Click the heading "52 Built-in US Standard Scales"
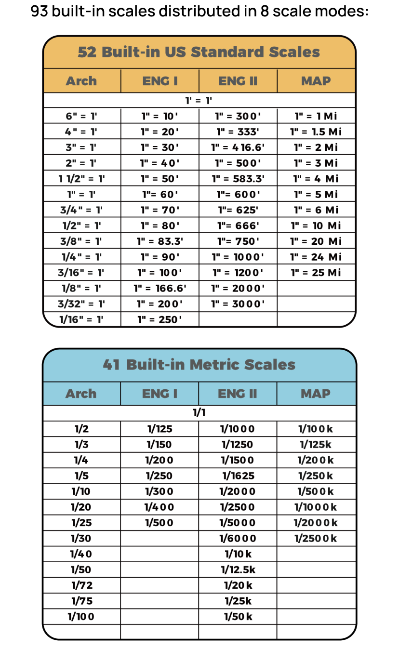[199, 52]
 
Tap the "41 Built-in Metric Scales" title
[199, 365]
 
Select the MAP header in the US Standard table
[316, 81]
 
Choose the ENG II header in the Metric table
[238, 394]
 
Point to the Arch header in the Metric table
[81, 394]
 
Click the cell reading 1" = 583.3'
[238, 179]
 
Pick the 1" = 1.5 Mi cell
[316, 132]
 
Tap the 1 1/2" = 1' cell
[81, 179]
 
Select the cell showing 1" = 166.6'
[160, 289]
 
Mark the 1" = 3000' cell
[238, 304]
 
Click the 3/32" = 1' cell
[81, 304]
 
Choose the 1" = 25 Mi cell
[316, 273]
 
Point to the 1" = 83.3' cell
[160, 241]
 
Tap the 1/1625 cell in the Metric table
[238, 476]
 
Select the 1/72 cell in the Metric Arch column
[81, 585]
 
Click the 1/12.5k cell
[238, 570]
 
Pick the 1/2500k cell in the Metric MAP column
[316, 539]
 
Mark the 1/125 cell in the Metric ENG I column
[160, 429]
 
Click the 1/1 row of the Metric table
[199, 413]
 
